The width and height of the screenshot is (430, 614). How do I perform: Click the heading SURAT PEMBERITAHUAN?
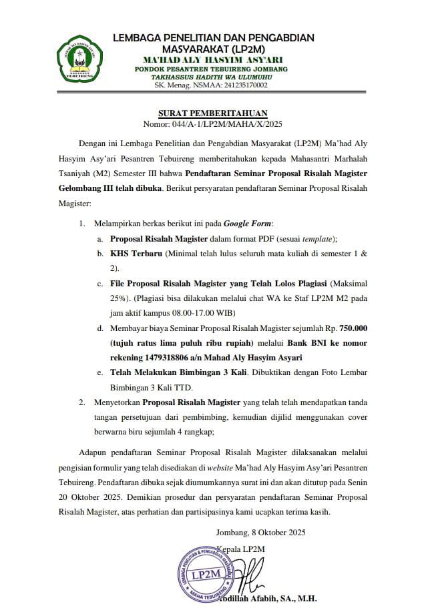[x=213, y=113]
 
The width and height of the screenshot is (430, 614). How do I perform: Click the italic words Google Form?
[x=248, y=222]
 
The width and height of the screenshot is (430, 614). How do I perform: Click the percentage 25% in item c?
[x=120, y=298]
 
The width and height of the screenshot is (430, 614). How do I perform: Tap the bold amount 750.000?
[x=358, y=328]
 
